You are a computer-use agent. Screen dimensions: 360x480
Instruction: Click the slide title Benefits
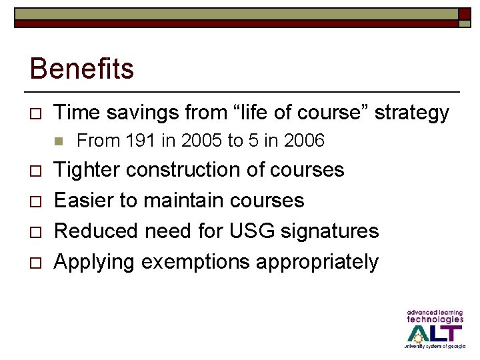82,69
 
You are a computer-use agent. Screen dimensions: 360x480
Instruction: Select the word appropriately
317,262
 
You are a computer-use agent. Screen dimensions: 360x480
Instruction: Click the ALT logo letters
435,332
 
